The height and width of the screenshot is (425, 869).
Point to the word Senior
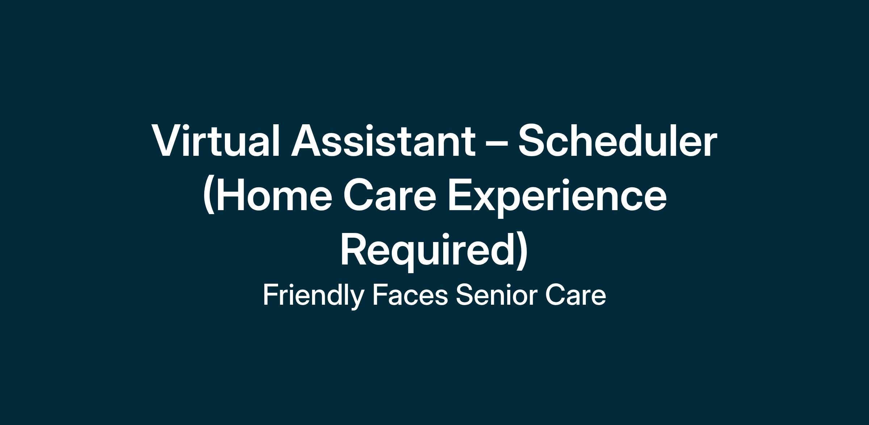[496, 296]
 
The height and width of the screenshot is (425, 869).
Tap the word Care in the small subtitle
[575, 296]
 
